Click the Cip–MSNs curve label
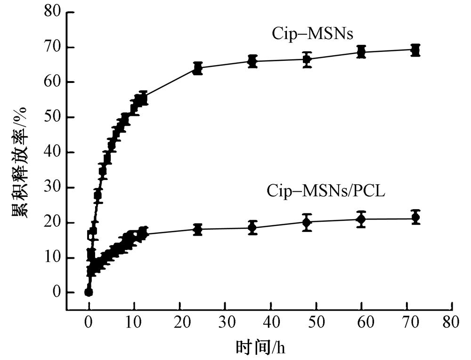click(309, 34)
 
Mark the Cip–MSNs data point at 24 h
click(198, 68)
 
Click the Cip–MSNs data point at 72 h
click(415, 50)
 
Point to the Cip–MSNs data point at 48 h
click(307, 59)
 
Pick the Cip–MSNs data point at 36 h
click(252, 61)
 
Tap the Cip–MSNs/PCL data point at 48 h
click(307, 222)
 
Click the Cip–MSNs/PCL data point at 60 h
click(361, 219)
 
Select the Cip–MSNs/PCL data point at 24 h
click(198, 229)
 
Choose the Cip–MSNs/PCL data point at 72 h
click(415, 218)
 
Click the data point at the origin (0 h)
click(89, 292)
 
